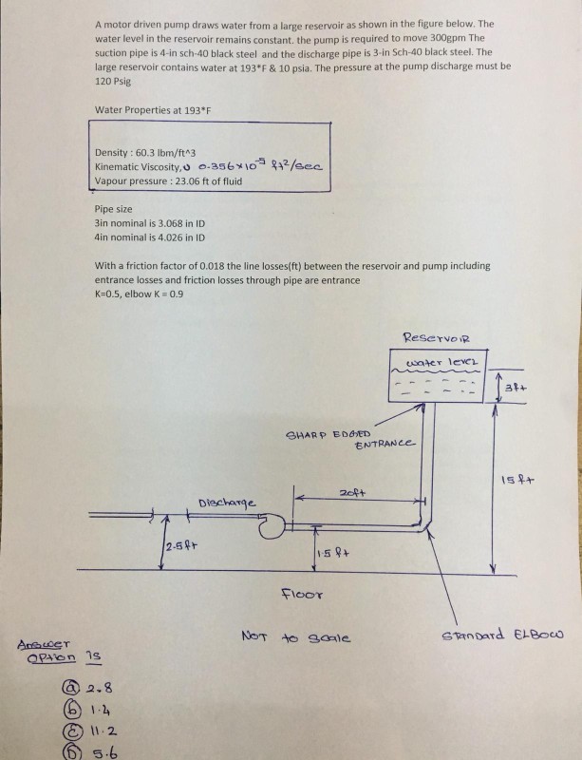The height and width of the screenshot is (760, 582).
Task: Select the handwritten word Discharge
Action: [x=226, y=501]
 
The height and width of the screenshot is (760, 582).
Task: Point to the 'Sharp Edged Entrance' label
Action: [x=350, y=440]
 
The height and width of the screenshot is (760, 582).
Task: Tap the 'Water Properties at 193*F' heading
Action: [x=153, y=110]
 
